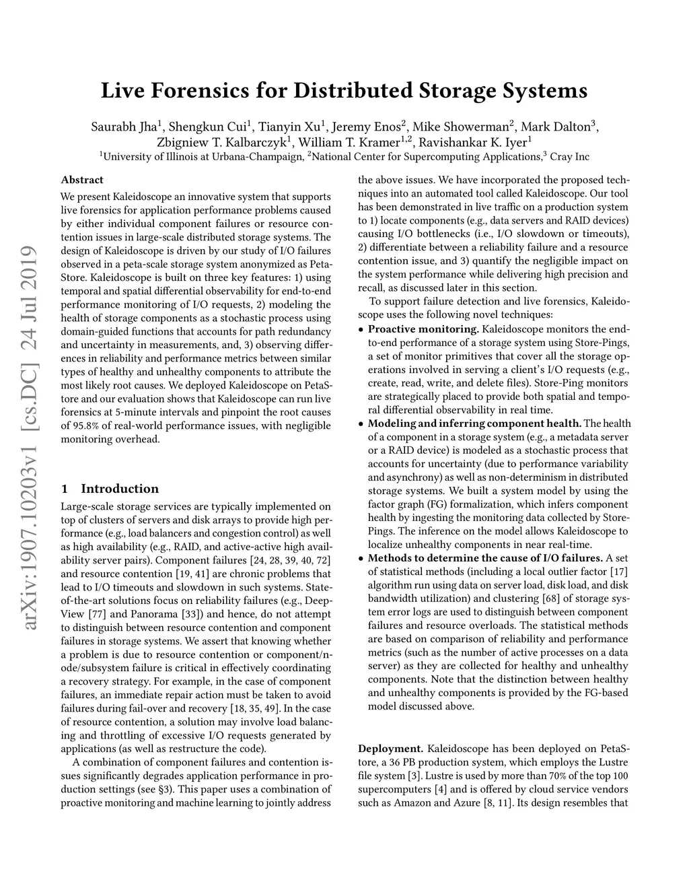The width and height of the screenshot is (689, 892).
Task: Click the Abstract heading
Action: point(82,180)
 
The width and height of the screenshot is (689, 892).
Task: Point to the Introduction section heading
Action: point(120,489)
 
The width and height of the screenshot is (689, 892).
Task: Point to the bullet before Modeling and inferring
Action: point(362,424)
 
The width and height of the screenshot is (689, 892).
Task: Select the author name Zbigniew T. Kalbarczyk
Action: point(222,142)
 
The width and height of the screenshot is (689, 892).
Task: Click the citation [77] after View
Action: point(96,614)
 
